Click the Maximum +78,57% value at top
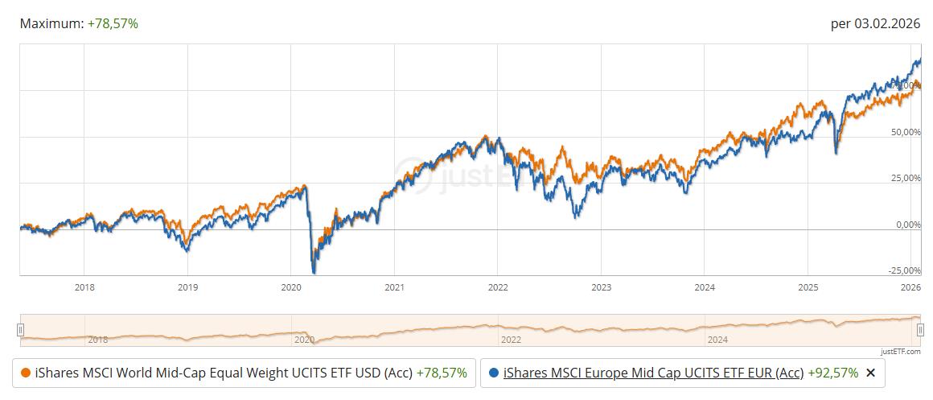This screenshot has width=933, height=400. [113, 24]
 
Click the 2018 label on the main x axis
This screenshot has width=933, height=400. [84, 287]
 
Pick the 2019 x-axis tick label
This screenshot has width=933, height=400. [187, 287]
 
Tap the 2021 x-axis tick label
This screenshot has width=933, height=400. [394, 287]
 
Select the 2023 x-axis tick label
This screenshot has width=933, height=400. [601, 287]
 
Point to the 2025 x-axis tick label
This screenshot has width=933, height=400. [808, 287]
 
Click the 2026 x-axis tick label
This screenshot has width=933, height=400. [910, 287]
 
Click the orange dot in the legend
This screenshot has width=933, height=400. [26, 373]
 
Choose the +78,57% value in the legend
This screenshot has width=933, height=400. [442, 373]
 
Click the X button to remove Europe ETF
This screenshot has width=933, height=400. [869, 373]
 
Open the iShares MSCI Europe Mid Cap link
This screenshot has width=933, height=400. [652, 373]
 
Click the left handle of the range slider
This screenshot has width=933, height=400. [20, 329]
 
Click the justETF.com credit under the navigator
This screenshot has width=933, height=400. [901, 351]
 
